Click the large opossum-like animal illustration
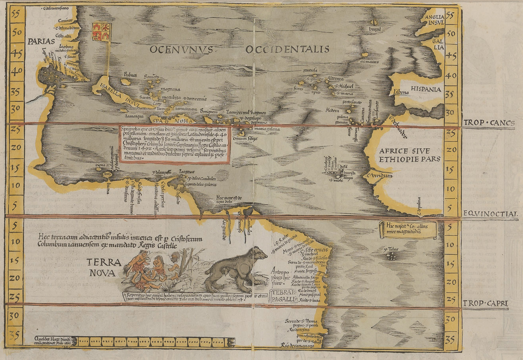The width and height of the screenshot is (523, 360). (x=237, y=268)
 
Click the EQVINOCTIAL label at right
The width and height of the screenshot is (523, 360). (x=490, y=214)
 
